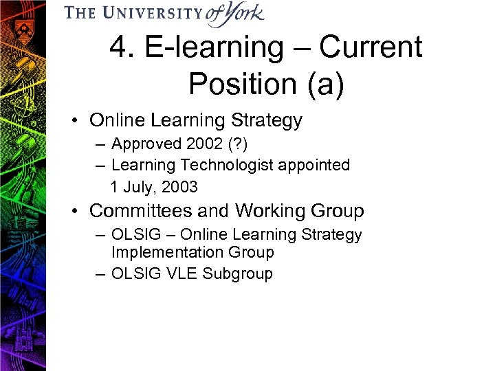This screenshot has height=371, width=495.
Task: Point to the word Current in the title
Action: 371,48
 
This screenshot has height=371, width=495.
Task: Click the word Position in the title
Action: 238,84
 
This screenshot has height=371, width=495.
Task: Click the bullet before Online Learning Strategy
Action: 80,121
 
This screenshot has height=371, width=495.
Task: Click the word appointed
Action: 317,165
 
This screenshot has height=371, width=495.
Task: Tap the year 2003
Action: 179,186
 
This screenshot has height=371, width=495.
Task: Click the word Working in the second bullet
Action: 266,210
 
